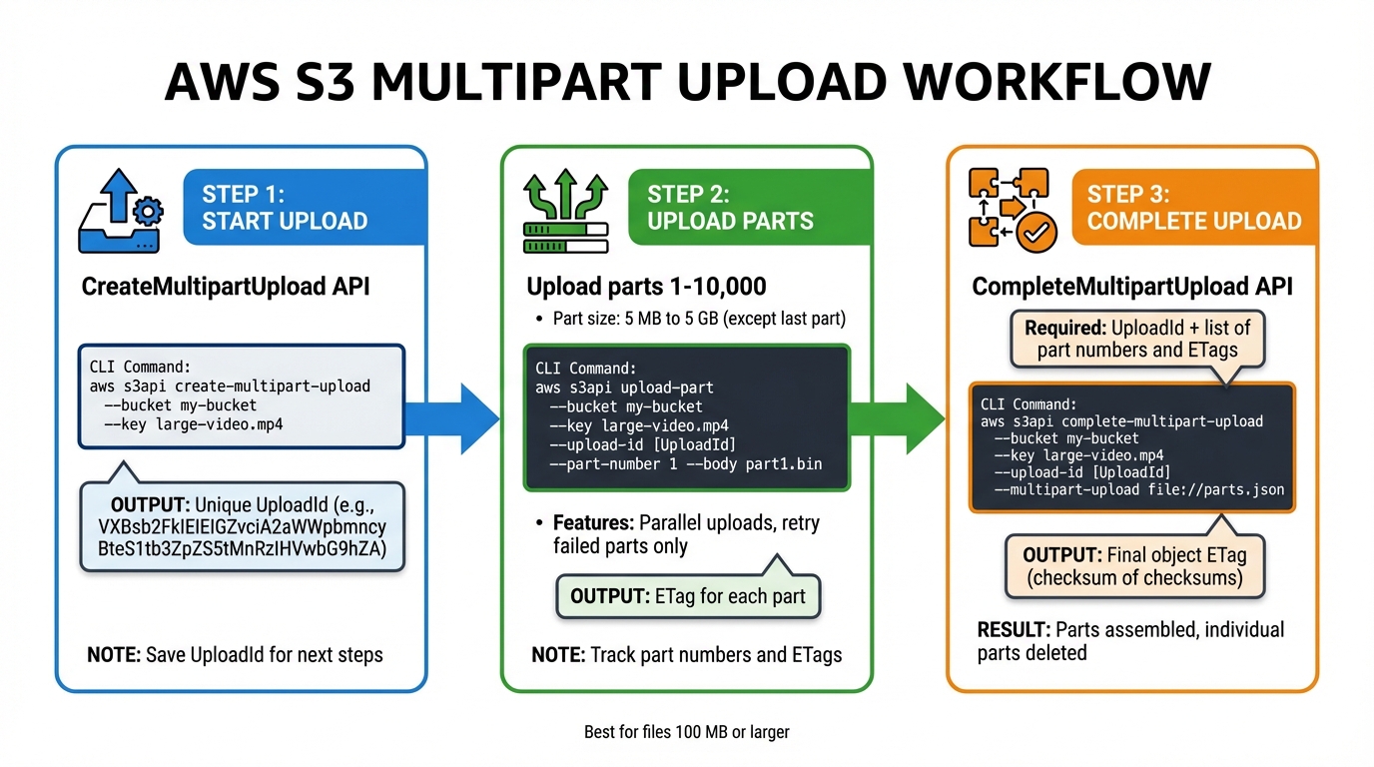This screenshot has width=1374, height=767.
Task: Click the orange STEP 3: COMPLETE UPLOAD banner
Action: coord(1193,208)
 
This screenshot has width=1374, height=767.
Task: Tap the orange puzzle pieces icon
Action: coord(1009,208)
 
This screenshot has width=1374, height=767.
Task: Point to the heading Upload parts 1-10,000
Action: coord(646,288)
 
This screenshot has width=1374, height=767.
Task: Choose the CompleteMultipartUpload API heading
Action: coord(1132,288)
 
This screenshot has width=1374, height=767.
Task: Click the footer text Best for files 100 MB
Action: coord(686,732)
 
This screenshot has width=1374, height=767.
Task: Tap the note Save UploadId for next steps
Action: coord(235,655)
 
